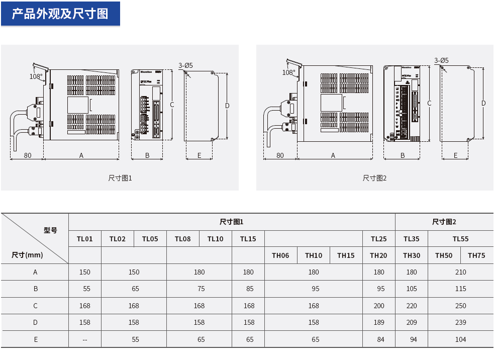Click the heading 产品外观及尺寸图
click(60, 14)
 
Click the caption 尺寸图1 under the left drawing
click(120, 178)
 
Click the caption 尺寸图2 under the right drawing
click(375, 178)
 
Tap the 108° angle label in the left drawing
click(36, 77)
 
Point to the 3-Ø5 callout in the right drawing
click(441, 61)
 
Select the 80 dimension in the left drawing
click(27, 155)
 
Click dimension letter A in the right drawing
click(333, 155)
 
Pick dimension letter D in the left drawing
click(227, 106)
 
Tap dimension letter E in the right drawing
click(455, 155)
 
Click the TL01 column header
click(84, 239)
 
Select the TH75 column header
click(476, 255)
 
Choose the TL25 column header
click(379, 239)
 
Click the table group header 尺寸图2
click(444, 222)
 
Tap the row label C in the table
click(35, 306)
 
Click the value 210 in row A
click(460, 272)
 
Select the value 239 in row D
click(460, 322)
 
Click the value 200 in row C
click(379, 306)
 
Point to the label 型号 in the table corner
click(50, 230)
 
